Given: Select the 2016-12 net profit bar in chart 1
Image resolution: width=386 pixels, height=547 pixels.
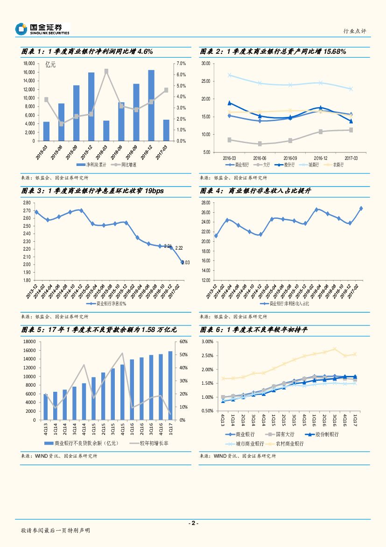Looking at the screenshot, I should [151, 105].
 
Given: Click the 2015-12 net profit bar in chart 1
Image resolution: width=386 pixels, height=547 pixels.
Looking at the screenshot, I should [91, 107].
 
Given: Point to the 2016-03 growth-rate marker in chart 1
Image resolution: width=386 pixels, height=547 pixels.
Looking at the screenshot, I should [106, 71].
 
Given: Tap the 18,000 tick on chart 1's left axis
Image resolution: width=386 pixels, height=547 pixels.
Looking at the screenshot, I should [29, 64].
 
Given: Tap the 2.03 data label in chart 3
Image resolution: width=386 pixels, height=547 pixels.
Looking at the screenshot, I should [186, 263].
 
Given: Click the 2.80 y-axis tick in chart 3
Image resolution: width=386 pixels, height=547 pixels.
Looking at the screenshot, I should [26, 203].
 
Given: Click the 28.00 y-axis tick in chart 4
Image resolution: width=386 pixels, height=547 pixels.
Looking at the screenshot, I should [205, 203].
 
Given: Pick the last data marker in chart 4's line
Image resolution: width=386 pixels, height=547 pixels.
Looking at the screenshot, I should [361, 209].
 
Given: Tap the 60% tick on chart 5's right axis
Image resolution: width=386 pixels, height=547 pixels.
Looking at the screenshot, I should [183, 342].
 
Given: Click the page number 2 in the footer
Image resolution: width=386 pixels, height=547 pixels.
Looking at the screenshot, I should [193, 523].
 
